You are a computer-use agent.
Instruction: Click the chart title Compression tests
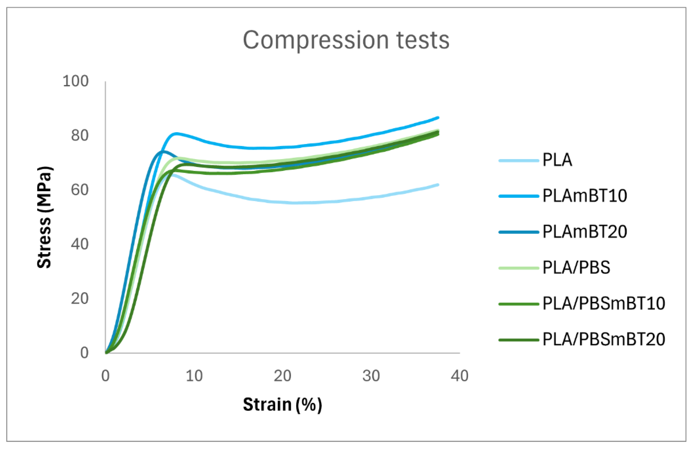(346, 40)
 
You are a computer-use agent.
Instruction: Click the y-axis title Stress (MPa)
(44, 217)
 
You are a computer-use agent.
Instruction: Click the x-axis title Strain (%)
(282, 404)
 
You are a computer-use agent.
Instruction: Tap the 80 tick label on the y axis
(79, 136)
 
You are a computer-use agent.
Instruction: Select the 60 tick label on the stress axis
(79, 190)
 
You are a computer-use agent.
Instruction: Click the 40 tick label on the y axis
(79, 244)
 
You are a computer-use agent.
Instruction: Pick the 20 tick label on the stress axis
(79, 298)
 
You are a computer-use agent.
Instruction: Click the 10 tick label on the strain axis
(194, 376)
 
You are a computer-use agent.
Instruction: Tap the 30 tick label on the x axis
(371, 376)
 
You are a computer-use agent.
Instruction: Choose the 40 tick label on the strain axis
(459, 376)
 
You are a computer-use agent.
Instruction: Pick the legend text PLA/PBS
(576, 267)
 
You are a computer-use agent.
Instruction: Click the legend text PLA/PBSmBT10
(604, 303)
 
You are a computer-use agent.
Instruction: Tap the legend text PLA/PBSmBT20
(604, 340)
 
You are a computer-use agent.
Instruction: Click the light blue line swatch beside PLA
(519, 160)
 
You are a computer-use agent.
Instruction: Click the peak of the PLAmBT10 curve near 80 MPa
(176, 133)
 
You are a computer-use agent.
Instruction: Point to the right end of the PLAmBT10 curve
(438, 118)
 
